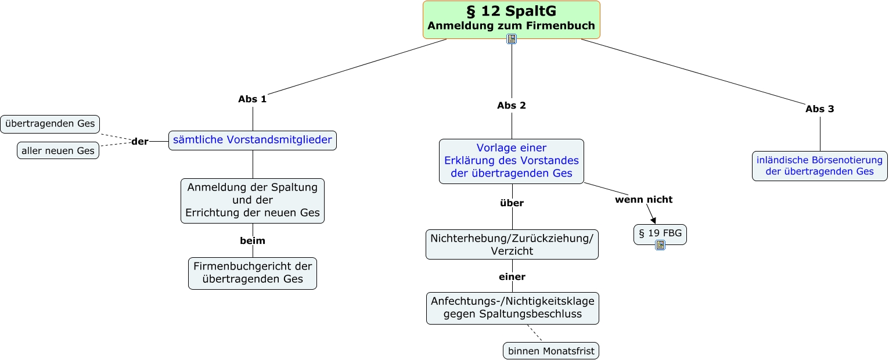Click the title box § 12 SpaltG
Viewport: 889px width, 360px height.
point(511,20)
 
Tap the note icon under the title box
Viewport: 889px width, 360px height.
point(512,39)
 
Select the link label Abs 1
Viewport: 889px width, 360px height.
point(253,99)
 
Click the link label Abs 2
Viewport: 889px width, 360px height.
point(512,106)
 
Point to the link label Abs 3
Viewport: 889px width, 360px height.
point(819,109)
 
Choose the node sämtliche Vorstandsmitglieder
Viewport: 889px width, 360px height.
point(253,140)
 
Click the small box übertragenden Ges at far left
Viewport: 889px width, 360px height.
point(50,124)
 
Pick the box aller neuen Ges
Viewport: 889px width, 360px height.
point(58,151)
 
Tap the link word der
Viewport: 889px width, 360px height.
point(140,142)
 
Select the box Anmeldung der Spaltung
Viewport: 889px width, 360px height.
point(253,200)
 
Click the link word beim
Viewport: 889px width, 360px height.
point(253,241)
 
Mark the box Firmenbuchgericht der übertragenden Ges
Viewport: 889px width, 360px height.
point(253,273)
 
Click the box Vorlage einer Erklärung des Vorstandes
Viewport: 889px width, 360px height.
point(512,161)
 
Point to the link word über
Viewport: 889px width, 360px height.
point(512,203)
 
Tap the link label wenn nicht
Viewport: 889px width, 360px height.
point(644,200)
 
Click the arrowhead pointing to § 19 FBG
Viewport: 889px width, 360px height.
point(653,221)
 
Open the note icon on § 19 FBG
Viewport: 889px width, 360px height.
point(660,245)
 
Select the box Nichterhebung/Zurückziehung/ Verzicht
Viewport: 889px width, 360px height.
point(512,244)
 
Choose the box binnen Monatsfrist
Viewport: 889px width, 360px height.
point(551,351)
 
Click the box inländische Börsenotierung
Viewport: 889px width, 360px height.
point(819,166)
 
